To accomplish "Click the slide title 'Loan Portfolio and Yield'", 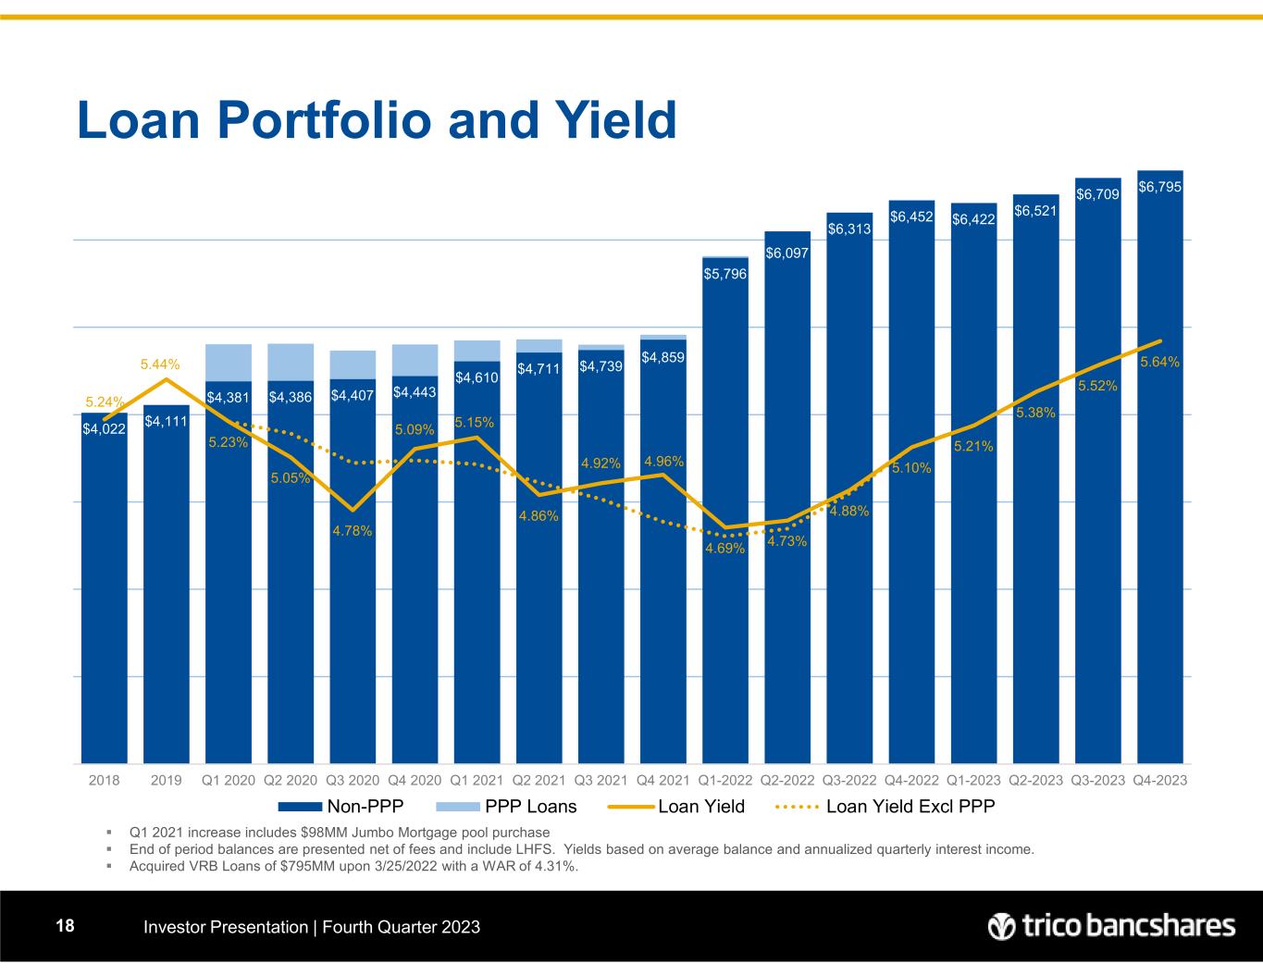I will pyautogui.click(x=377, y=121).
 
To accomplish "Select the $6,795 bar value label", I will pyautogui.click(x=1159, y=187).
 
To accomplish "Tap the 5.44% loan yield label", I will pyautogui.click(x=160, y=365).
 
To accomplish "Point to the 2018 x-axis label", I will pyautogui.click(x=104, y=780).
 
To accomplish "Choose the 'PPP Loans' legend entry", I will pyautogui.click(x=530, y=807).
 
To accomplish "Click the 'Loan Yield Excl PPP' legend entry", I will pyautogui.click(x=910, y=807).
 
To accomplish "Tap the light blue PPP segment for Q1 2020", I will pyautogui.click(x=229, y=362).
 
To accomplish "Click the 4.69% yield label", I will pyautogui.click(x=724, y=549).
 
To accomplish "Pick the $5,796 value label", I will pyautogui.click(x=724, y=274).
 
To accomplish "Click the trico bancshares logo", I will pyautogui.click(x=1110, y=926).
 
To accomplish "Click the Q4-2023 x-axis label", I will pyautogui.click(x=1159, y=780).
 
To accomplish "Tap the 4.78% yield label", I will pyautogui.click(x=353, y=531).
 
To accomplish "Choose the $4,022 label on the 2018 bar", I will pyautogui.click(x=104, y=428).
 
